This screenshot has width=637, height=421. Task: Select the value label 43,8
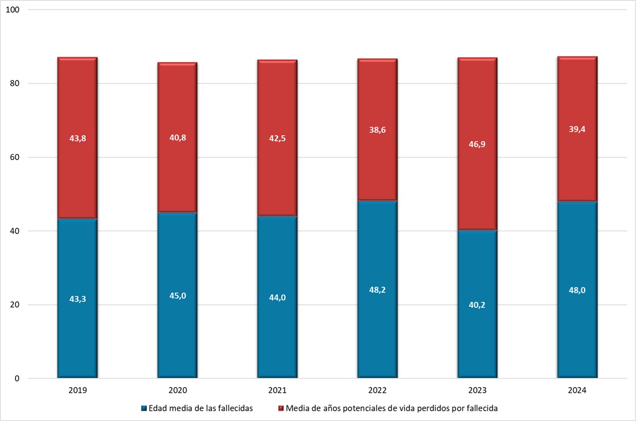[x=78, y=137]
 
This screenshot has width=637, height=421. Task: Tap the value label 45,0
[x=178, y=296]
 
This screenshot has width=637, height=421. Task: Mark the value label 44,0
[x=278, y=297]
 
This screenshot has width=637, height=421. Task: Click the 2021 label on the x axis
[x=278, y=390]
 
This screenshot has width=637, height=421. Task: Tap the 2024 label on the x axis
[x=577, y=390]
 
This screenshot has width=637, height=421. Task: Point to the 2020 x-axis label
[x=178, y=390]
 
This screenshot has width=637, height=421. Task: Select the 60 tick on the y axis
[x=16, y=157]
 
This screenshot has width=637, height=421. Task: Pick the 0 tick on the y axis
[x=18, y=378]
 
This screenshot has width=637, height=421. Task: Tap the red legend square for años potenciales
[x=281, y=408]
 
